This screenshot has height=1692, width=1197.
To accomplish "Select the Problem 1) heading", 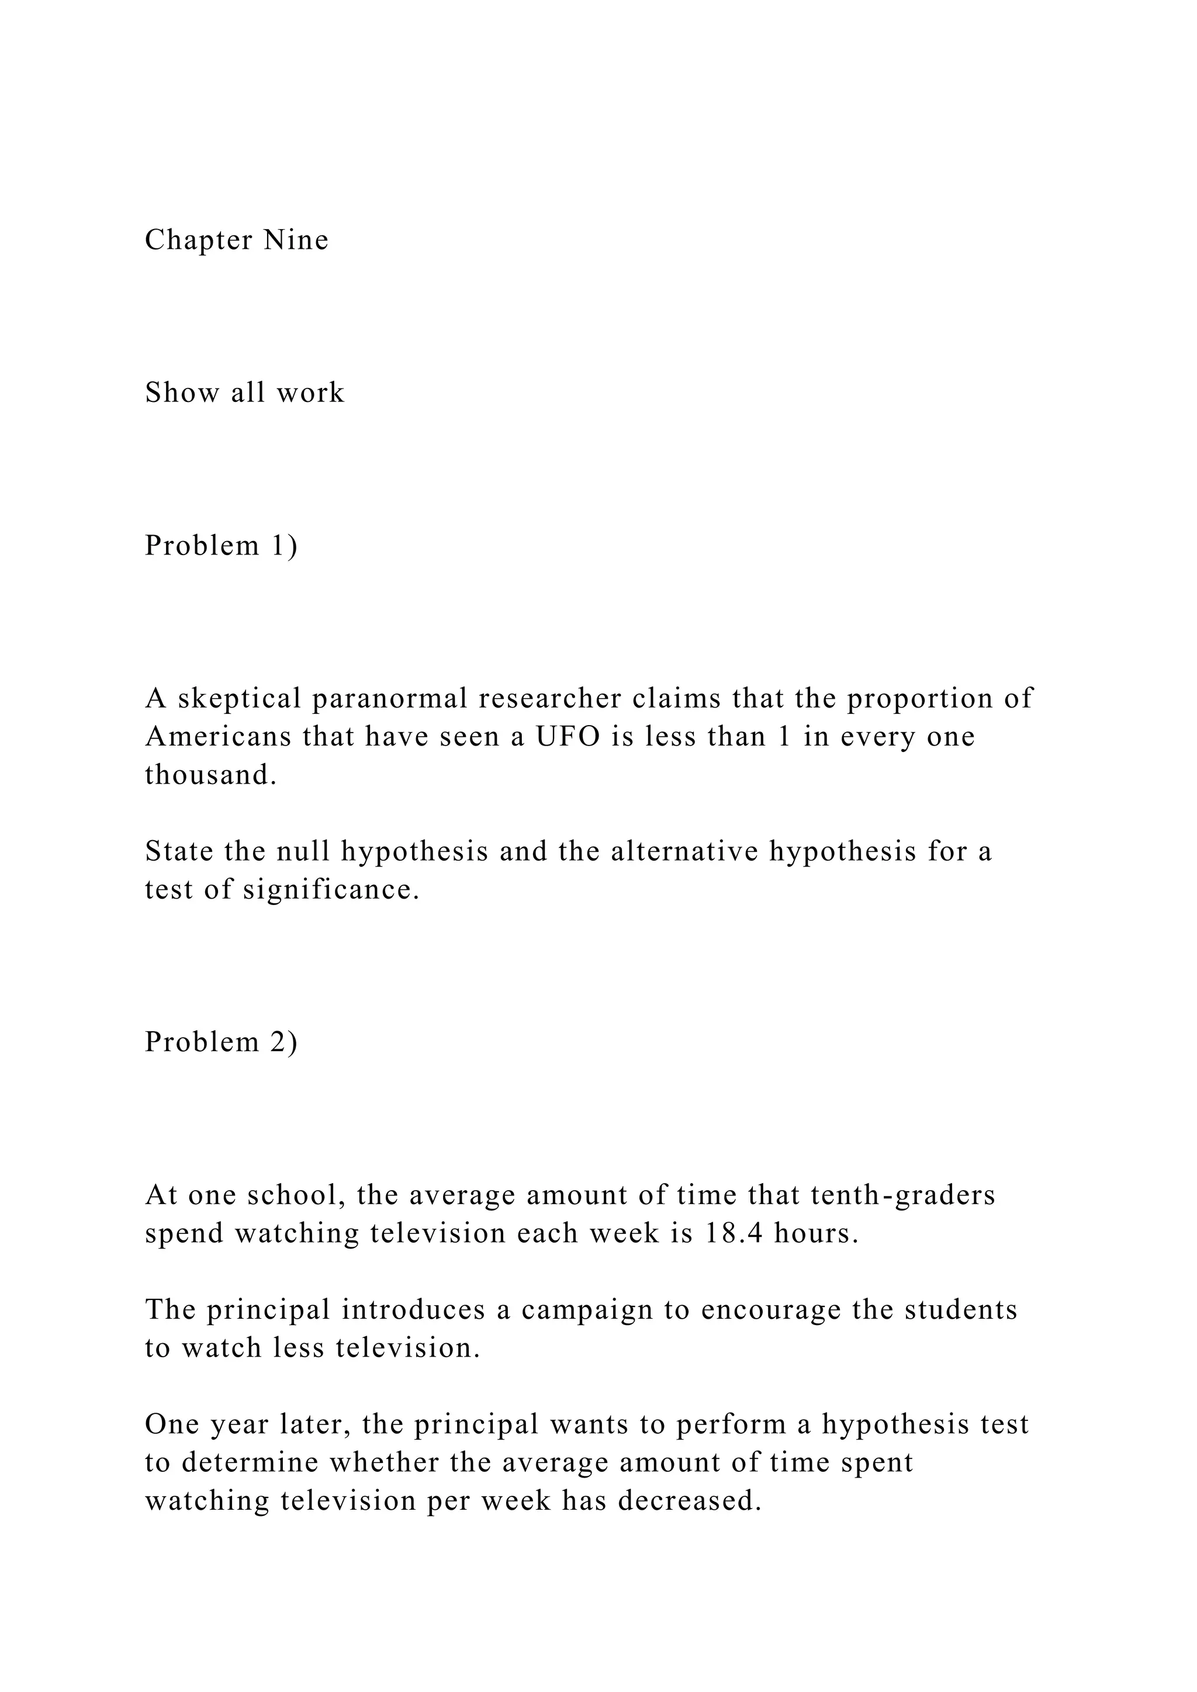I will click(x=221, y=546).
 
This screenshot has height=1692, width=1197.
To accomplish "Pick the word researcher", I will click(x=549, y=699).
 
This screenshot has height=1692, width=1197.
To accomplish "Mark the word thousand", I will click(x=210, y=775).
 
